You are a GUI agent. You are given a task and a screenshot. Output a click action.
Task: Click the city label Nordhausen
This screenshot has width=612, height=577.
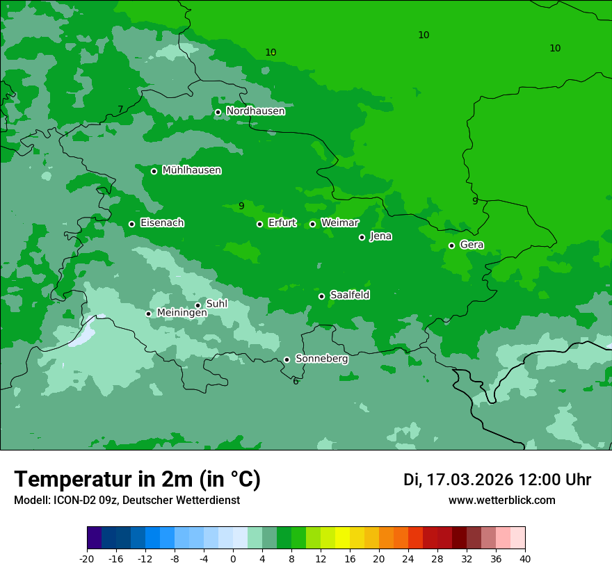coord(255,111)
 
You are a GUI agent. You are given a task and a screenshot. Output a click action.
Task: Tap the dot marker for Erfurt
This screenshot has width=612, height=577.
coord(259,224)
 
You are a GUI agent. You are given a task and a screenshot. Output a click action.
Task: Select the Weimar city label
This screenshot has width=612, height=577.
coord(339,223)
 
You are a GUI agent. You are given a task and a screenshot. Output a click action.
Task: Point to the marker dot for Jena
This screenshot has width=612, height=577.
coord(362,237)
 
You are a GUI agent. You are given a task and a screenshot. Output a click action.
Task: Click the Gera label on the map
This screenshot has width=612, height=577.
coord(472,245)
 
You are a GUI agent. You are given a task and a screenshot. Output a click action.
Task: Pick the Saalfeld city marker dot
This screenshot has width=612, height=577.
coord(321,296)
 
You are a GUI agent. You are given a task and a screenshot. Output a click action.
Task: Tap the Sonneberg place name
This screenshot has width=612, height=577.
coord(321,359)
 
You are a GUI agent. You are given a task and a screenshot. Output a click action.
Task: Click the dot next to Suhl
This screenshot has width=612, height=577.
coord(198,305)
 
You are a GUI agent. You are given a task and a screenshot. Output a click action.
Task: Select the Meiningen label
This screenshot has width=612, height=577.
coord(182,313)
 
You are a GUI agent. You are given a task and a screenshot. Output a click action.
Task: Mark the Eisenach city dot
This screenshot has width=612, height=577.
coord(131,224)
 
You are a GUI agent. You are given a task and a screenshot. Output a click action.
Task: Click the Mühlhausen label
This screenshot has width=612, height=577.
coord(191,170)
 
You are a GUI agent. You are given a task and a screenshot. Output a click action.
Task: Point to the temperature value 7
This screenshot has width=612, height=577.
coord(120,109)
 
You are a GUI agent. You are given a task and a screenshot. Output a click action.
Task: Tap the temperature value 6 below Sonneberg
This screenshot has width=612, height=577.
coord(296,381)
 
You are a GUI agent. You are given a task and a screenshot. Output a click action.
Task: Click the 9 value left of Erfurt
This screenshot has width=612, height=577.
coord(241,206)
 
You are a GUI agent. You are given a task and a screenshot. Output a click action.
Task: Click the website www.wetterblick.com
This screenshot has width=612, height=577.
coord(501,500)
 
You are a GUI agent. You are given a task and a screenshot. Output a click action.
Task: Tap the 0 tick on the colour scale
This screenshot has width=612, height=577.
coord(233,558)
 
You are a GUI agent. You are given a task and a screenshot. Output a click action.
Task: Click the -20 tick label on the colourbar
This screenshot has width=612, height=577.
coord(87,558)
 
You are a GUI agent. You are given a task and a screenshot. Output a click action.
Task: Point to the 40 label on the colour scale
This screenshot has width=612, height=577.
coord(525,558)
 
